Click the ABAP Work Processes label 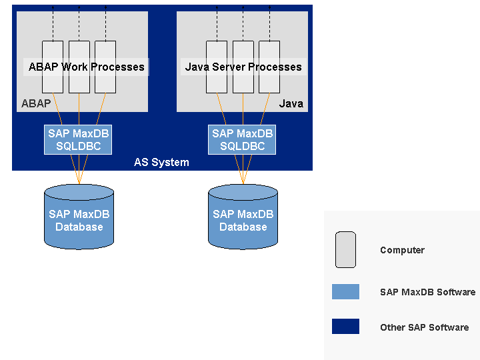coord(86,67)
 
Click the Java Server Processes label coord(243,67)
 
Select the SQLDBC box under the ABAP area coord(78,140)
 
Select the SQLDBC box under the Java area coord(242,140)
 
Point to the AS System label coord(161,162)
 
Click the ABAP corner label coord(36,103)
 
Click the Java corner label coord(291,103)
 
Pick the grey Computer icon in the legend coord(345,249)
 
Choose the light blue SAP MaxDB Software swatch coord(345,291)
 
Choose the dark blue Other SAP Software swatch coord(345,327)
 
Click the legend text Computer coord(402,250)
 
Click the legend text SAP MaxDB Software coord(427,292)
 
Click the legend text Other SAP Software coord(424,327)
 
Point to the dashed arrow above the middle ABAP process coord(79,23)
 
